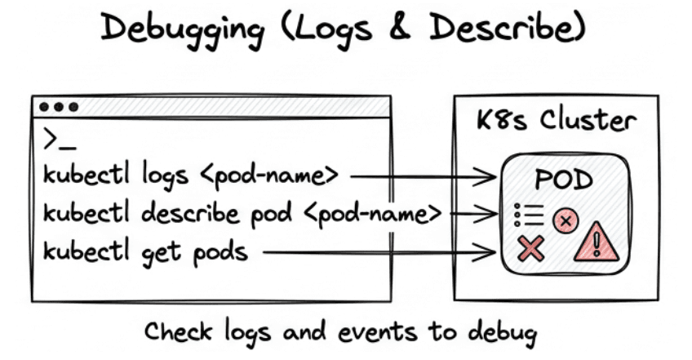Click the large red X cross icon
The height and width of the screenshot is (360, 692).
click(531, 247)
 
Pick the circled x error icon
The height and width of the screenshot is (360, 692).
click(566, 219)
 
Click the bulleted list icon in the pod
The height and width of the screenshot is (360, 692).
click(530, 215)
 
